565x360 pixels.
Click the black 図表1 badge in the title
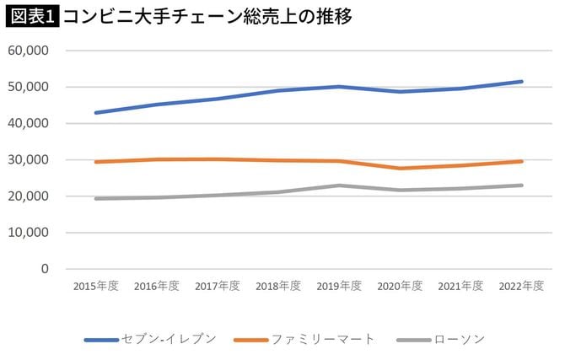pyautogui.click(x=31, y=16)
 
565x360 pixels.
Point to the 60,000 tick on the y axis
pyautogui.click(x=30, y=50)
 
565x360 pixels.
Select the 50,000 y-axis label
pyautogui.click(x=30, y=87)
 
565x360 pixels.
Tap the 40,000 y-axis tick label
pyautogui.click(x=30, y=123)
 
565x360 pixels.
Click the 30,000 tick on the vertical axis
pyautogui.click(x=30, y=159)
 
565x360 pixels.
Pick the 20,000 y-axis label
pyautogui.click(x=30, y=196)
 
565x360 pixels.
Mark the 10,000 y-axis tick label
pyautogui.click(x=30, y=233)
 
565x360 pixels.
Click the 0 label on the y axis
pyautogui.click(x=46, y=269)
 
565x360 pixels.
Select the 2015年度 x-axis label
pyautogui.click(x=95, y=286)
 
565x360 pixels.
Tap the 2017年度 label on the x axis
pyautogui.click(x=217, y=286)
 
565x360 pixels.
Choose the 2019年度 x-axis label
pyautogui.click(x=338, y=286)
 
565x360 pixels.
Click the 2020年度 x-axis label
pyautogui.click(x=399, y=286)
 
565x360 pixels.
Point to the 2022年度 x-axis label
pyautogui.click(x=520, y=286)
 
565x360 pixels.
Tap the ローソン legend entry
pyautogui.click(x=459, y=340)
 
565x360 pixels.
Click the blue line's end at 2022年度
pyautogui.click(x=521, y=82)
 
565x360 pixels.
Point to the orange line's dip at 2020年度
pyautogui.click(x=400, y=169)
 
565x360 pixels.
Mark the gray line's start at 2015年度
pyautogui.click(x=96, y=199)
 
